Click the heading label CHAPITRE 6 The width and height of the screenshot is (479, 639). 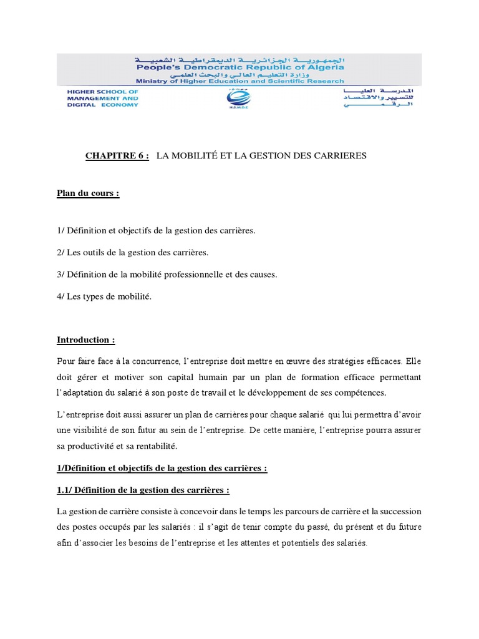tap(117, 156)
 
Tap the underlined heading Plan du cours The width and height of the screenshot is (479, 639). tap(87, 193)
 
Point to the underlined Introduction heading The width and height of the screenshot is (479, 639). tap(86, 340)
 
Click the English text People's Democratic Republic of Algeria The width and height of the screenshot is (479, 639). tap(238, 67)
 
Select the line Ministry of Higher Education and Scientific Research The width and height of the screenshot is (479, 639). tap(239, 81)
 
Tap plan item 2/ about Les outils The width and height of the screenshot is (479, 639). tap(132, 253)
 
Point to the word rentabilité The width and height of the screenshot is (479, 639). tap(155, 446)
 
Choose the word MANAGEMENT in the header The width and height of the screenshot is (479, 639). tap(94, 98)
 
